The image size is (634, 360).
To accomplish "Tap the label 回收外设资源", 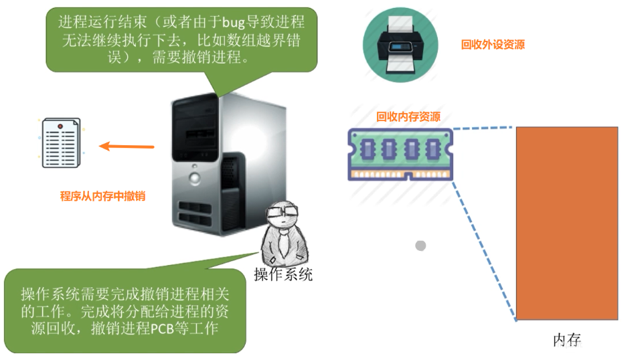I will pyautogui.click(x=493, y=45).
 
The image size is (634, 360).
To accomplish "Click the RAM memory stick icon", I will pyautogui.click(x=400, y=154).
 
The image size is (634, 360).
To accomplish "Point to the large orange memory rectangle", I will pyautogui.click(x=566, y=223).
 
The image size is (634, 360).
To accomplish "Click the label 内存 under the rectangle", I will pyautogui.click(x=566, y=340).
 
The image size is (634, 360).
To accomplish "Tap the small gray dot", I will pyautogui.click(x=420, y=246).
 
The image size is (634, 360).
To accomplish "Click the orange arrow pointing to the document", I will pyautogui.click(x=127, y=147).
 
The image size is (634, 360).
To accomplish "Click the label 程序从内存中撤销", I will pyautogui.click(x=102, y=196).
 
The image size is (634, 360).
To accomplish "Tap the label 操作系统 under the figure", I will pyautogui.click(x=283, y=274).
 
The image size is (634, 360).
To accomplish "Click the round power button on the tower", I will pyautogui.click(x=194, y=177).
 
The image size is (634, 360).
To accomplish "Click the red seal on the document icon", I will pyautogui.click(x=60, y=126).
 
